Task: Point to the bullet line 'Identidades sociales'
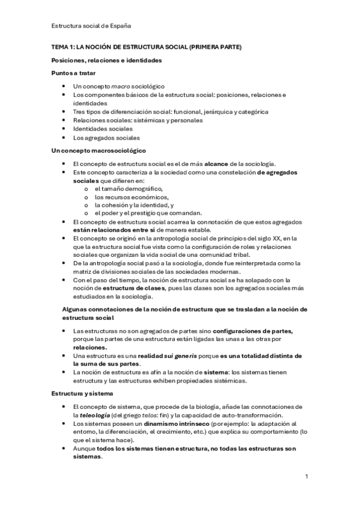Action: coord(103,129)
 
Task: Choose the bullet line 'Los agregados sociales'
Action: coord(106,138)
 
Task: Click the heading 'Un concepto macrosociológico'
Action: coord(98,150)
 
